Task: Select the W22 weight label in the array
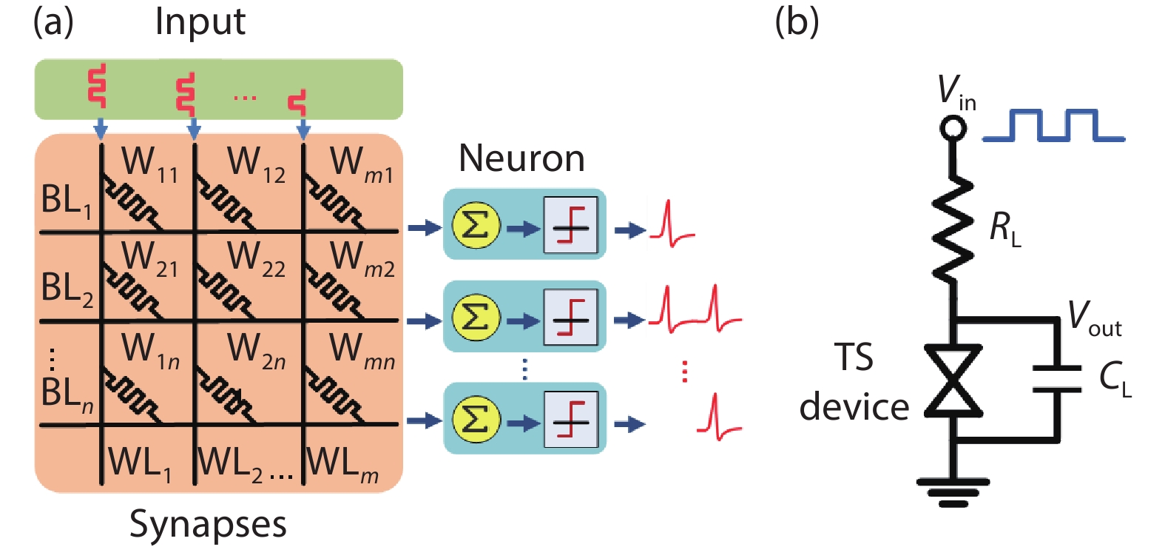256,258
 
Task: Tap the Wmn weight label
361,350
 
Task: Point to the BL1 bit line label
66,201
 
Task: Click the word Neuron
521,158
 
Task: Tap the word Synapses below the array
208,524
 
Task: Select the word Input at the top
200,21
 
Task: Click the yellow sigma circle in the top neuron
476,226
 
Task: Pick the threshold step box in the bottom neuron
570,420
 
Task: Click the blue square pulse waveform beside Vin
1053,126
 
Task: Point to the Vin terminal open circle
953,128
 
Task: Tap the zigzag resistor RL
953,228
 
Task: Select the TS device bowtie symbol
953,380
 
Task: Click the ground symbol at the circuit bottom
953,491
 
